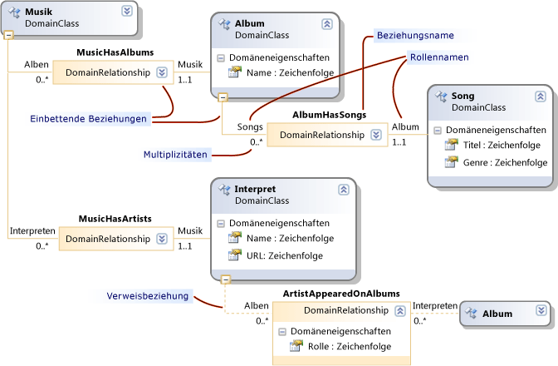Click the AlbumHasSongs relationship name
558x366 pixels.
pyautogui.click(x=330, y=113)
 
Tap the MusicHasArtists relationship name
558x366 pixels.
pyautogui.click(x=113, y=218)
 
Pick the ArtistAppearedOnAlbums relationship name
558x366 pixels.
pyautogui.click(x=341, y=294)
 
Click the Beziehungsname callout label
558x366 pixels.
pyautogui.click(x=414, y=37)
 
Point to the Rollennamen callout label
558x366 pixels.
pyautogui.click(x=438, y=57)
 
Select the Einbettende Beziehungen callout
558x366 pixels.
pyautogui.click(x=90, y=119)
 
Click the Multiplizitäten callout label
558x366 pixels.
pyautogui.click(x=175, y=154)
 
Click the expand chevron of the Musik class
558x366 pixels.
pyautogui.click(x=126, y=11)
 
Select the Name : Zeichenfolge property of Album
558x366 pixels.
pyautogui.click(x=291, y=74)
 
